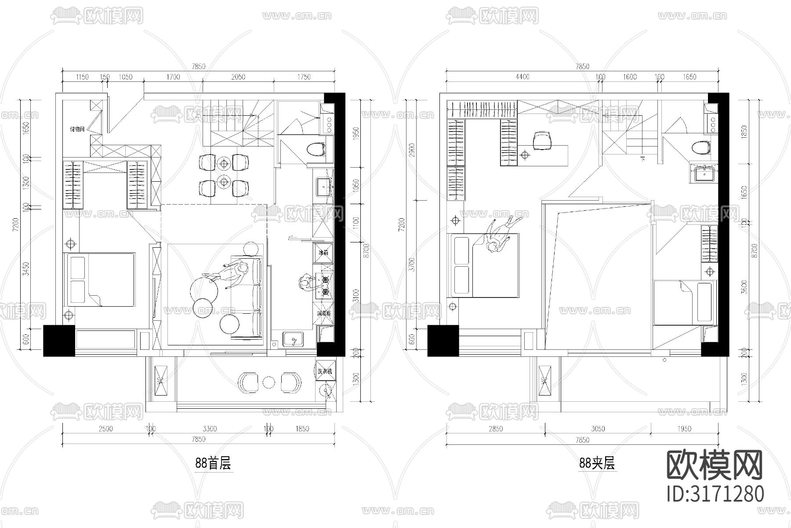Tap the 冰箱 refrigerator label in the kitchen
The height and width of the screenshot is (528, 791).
(323, 253)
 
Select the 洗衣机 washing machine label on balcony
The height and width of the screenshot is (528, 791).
(325, 371)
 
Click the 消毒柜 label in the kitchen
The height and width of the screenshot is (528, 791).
(323, 314)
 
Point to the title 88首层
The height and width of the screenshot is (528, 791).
(213, 463)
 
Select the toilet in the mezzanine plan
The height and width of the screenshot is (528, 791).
(701, 148)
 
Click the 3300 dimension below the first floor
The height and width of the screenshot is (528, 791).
(209, 429)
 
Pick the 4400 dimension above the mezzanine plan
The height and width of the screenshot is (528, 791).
(522, 77)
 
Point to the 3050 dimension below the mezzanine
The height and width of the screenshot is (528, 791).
(598, 429)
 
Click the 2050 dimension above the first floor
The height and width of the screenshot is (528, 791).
(238, 77)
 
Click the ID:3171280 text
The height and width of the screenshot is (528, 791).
(715, 494)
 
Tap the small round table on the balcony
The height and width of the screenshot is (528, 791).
(269, 382)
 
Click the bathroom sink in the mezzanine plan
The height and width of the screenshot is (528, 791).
(705, 174)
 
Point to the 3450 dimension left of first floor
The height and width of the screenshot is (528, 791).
(26, 268)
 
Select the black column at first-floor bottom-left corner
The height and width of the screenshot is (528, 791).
(59, 341)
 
